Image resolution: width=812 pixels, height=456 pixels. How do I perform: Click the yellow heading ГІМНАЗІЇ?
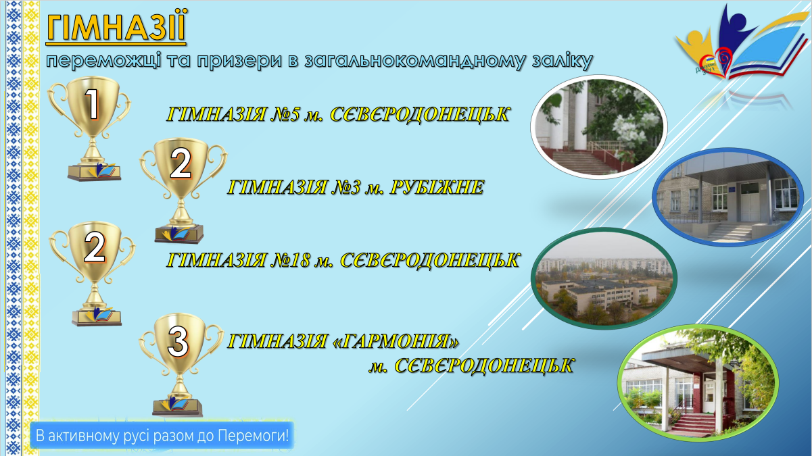[116, 26]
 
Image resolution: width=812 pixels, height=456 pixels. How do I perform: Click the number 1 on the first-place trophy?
[93, 104]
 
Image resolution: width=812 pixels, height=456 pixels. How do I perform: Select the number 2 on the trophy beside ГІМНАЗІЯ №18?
[95, 247]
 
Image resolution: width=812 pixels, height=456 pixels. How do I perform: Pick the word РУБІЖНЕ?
[437, 188]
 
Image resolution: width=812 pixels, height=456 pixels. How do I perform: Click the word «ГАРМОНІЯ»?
[396, 342]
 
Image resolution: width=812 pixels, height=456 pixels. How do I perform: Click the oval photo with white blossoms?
[599, 127]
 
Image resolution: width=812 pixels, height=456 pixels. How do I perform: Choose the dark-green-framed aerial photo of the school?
[604, 278]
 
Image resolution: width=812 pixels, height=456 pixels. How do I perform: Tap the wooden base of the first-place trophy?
[94, 173]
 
